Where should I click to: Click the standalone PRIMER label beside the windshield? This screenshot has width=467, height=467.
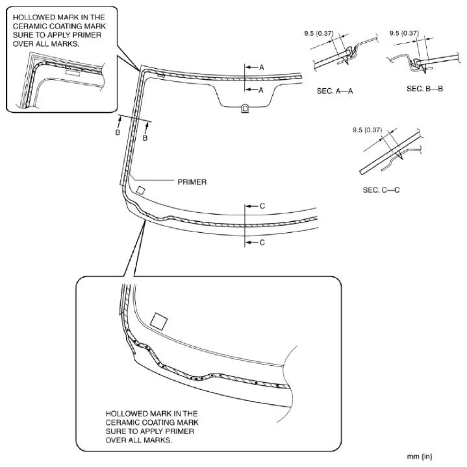(x=192, y=182)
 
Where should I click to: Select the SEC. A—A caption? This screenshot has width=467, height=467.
(x=335, y=91)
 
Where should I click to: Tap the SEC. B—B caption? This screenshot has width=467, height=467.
(x=425, y=88)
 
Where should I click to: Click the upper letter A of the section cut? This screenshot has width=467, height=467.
(x=262, y=67)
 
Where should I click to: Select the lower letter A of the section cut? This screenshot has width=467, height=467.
(x=262, y=90)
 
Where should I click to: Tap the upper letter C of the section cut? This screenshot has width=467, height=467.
(x=262, y=206)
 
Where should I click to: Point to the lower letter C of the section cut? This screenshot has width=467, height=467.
(x=262, y=243)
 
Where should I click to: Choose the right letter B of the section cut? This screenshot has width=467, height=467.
(x=145, y=138)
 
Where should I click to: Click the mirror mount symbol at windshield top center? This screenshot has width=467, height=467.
(x=244, y=108)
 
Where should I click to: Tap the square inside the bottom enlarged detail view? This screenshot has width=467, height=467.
(x=158, y=320)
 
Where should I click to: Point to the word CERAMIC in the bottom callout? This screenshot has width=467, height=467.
(x=126, y=422)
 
